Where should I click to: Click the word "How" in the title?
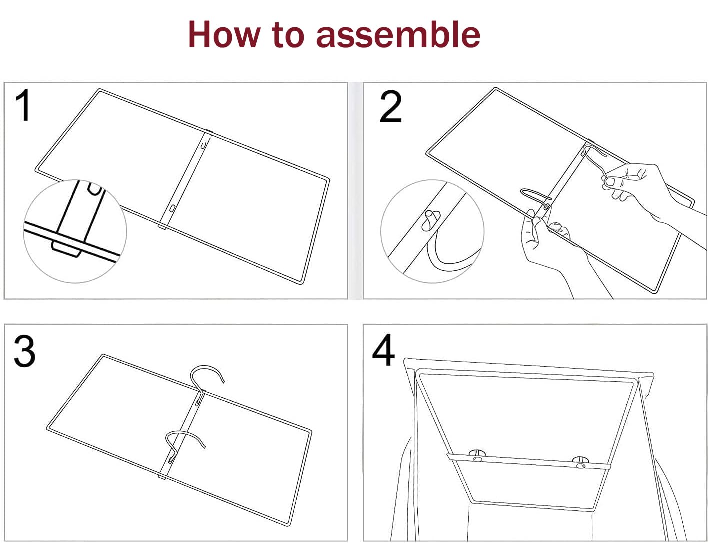click(224, 34)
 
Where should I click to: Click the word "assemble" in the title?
click(398, 34)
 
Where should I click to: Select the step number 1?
click(23, 105)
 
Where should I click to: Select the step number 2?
click(391, 106)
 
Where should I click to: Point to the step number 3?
click(24, 351)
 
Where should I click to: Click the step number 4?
click(383, 350)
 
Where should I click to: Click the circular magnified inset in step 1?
click(75, 231)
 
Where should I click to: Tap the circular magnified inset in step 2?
click(432, 231)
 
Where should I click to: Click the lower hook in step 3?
click(185, 446)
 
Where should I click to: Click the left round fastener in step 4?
click(477, 456)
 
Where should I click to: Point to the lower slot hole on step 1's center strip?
click(172, 208)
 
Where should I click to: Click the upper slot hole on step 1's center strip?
click(203, 144)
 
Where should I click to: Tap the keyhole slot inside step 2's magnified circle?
click(430, 221)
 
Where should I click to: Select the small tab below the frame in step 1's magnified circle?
click(66, 249)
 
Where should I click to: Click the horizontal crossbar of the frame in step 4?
click(528, 461)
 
